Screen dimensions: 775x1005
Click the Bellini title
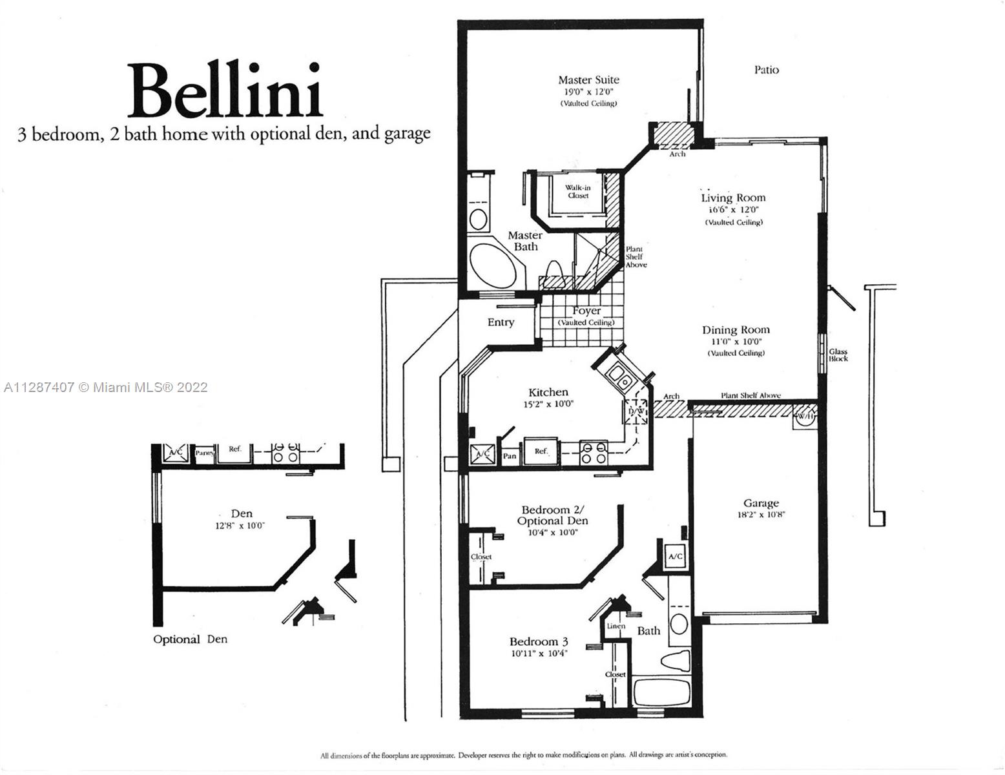tap(224, 90)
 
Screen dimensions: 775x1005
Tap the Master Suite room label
tap(588, 80)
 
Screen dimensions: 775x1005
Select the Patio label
tap(767, 70)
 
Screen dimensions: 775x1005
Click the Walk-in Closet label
tap(578, 192)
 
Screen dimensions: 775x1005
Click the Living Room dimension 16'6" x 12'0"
tap(733, 210)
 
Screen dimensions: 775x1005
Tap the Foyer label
tap(586, 311)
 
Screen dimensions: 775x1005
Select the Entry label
tap(501, 322)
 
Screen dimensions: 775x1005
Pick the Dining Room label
tap(736, 330)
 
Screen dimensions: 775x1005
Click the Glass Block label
tap(838, 355)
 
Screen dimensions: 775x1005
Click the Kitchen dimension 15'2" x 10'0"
tap(548, 404)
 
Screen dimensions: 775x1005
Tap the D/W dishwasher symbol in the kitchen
tap(636, 411)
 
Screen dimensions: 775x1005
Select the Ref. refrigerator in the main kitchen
tap(541, 451)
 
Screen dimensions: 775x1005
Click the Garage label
tap(761, 503)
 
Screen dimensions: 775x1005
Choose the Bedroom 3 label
tap(539, 642)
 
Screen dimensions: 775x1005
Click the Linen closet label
tap(616, 626)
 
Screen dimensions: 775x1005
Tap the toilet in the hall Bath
tap(676, 662)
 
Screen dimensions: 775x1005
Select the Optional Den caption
tap(190, 639)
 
